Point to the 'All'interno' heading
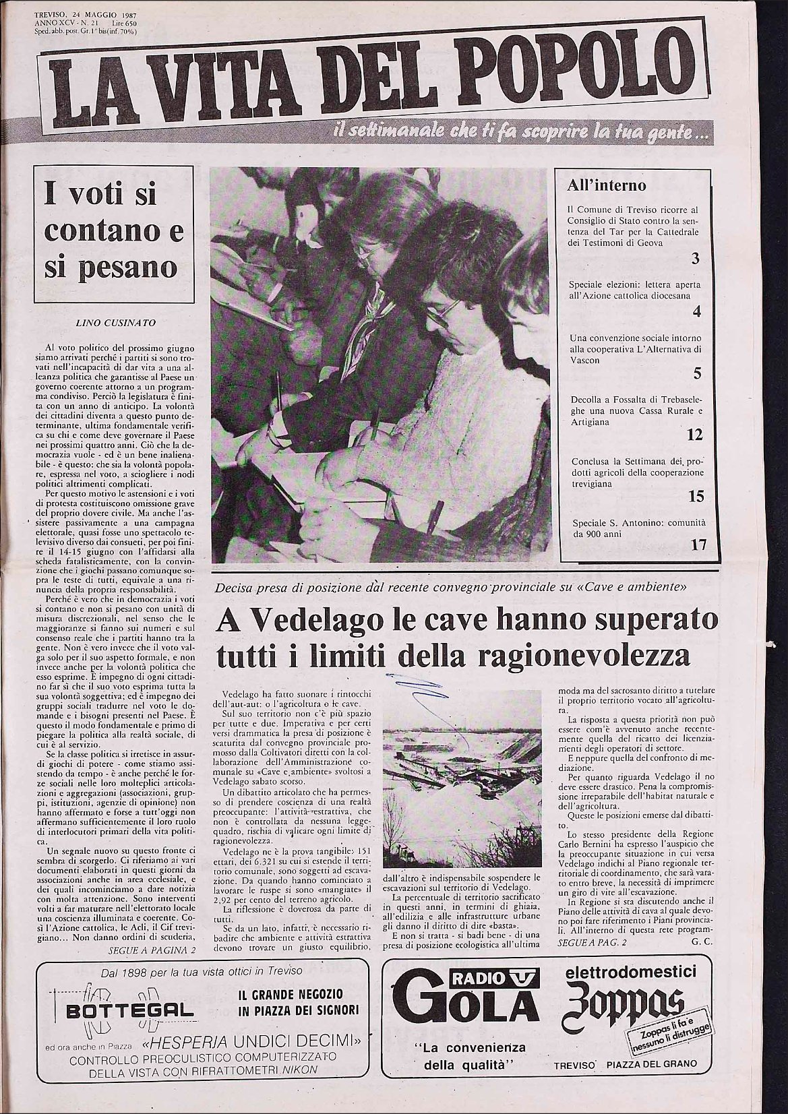tap(607, 185)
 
